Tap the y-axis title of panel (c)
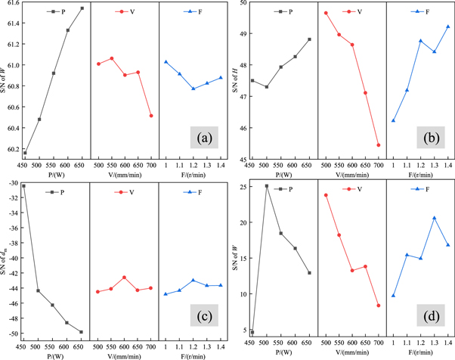[5, 260]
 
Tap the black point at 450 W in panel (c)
[23, 186]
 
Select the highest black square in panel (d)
[266, 186]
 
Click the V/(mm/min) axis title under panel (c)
[124, 352]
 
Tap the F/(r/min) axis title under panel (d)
[420, 352]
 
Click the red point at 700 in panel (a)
[151, 116]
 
